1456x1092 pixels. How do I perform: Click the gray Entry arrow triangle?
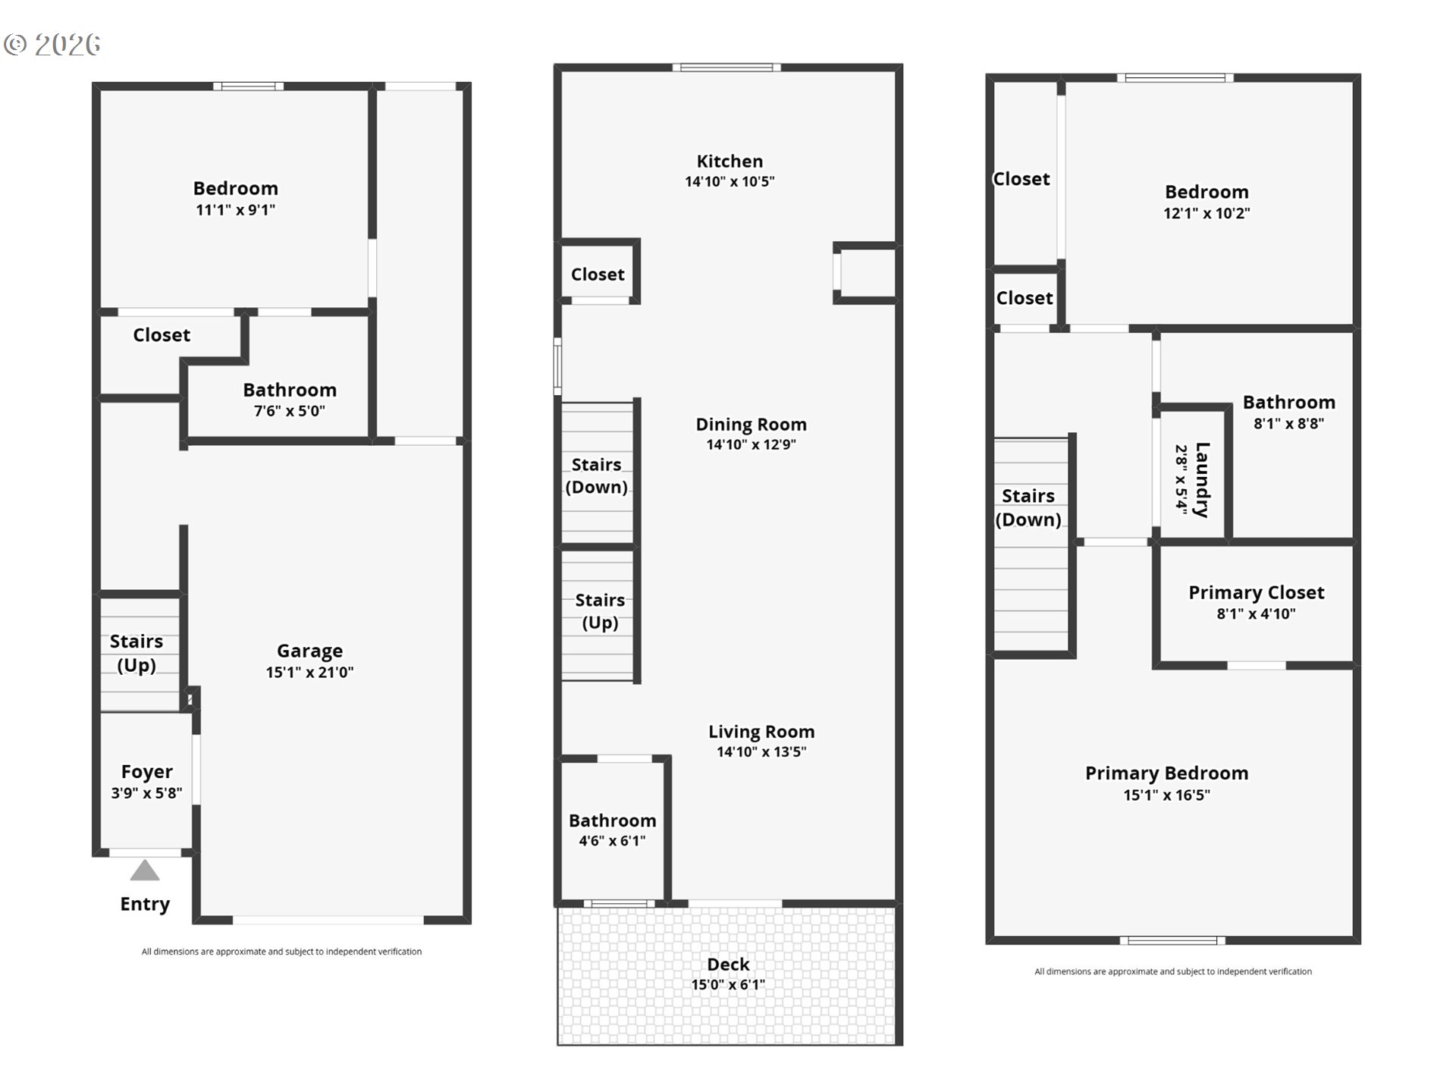[145, 871]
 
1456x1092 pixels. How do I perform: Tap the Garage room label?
[309, 651]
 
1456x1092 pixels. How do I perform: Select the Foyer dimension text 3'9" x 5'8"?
[146, 793]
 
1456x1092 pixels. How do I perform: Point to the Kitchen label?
[730, 161]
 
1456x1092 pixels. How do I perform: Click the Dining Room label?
[752, 425]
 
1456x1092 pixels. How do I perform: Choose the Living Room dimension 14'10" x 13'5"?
[761, 752]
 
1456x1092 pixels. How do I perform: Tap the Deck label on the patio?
[728, 964]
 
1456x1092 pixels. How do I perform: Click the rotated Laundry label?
[1202, 480]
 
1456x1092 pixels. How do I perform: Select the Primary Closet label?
[1256, 592]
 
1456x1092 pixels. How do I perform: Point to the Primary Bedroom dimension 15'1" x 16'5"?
[1166, 795]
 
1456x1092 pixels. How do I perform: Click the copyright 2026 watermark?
[52, 45]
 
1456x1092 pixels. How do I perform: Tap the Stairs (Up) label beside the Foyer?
[136, 653]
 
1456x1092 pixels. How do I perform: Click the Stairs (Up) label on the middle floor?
[600, 611]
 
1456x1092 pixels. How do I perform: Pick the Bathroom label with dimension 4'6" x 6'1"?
[612, 821]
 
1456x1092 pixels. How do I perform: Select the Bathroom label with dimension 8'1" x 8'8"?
[1288, 402]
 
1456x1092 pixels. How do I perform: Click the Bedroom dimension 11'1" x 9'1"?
[235, 210]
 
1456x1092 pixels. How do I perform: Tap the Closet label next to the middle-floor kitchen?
[598, 275]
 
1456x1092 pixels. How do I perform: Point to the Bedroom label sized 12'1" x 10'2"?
[1207, 192]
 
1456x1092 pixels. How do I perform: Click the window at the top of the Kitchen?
[726, 67]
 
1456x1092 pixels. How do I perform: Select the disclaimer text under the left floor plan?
[281, 952]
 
